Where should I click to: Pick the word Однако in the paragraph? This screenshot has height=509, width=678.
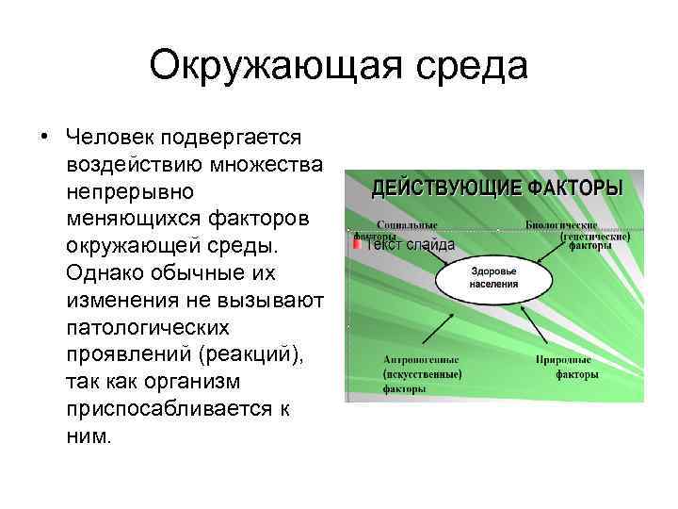click(x=103, y=273)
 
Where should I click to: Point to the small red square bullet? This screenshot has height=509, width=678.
click(x=356, y=244)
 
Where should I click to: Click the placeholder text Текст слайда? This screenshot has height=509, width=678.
click(x=410, y=245)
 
